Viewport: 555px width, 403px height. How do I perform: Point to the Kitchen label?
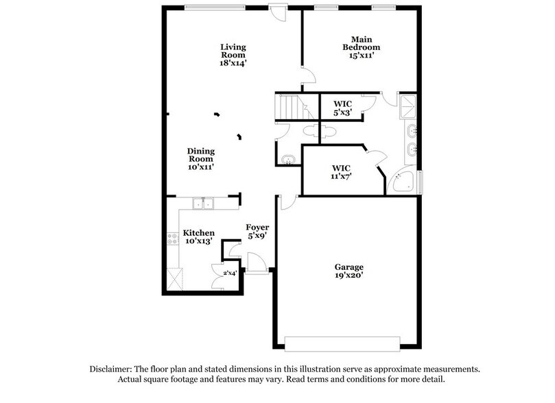[199, 233]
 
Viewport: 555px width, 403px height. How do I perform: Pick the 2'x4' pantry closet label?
[229, 273]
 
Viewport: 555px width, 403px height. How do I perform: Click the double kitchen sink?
[203, 204]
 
